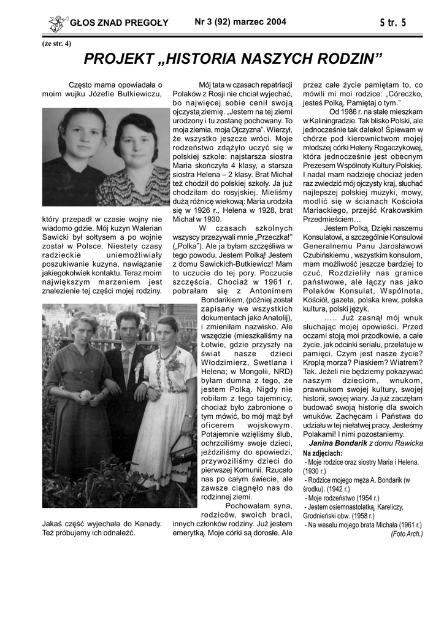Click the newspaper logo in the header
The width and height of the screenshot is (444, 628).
point(58,23)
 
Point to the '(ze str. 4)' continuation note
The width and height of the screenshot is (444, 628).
point(56,44)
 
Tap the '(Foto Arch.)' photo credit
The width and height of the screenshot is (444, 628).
point(406,534)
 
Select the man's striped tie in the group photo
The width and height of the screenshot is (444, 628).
point(127,365)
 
